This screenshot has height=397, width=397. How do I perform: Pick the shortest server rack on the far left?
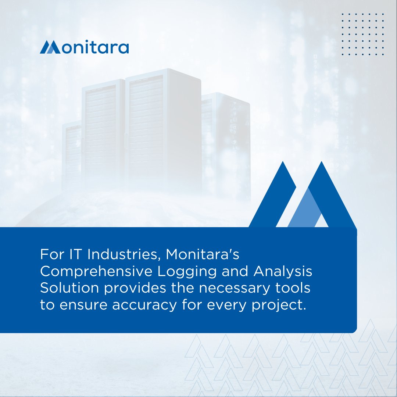click(72, 154)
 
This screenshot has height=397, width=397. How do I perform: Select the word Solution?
click(69, 288)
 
